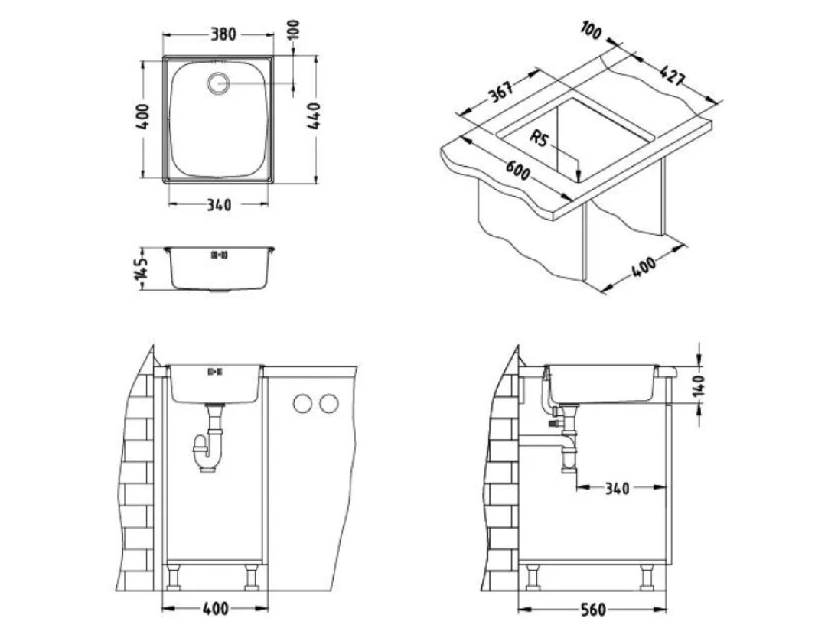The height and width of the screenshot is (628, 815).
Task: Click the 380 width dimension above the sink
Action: click(x=223, y=34)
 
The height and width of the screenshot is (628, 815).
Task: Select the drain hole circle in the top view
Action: click(x=218, y=83)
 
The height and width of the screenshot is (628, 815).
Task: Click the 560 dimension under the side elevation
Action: click(x=592, y=610)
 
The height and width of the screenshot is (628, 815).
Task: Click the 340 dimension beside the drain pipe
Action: click(x=617, y=488)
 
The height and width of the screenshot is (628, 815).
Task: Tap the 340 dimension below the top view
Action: click(x=219, y=205)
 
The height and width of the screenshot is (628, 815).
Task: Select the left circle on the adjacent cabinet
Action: click(x=302, y=404)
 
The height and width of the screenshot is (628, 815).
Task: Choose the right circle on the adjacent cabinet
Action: click(x=328, y=404)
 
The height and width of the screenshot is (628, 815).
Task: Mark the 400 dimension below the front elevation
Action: click(x=215, y=609)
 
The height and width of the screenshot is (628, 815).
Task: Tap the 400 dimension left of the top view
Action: click(x=144, y=117)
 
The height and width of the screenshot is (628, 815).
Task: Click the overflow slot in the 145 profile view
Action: click(x=218, y=255)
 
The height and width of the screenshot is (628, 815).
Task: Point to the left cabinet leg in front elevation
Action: click(x=173, y=578)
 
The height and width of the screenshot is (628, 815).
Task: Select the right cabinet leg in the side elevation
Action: click(x=647, y=577)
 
